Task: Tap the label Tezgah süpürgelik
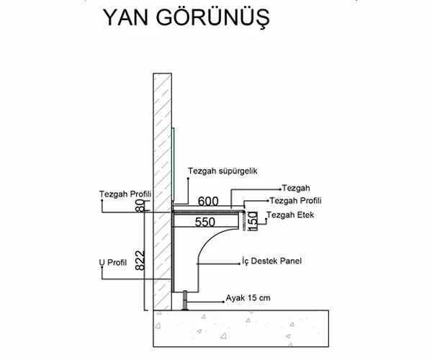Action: tap(222, 171)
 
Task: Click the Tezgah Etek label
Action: tap(289, 216)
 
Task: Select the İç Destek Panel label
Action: tap(270, 259)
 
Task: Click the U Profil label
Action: tap(112, 263)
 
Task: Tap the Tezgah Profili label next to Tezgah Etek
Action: tap(295, 201)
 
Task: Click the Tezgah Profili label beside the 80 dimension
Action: tap(124, 193)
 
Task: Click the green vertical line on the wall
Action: tap(174, 166)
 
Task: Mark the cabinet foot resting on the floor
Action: tap(184, 300)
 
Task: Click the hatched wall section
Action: tap(161, 144)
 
